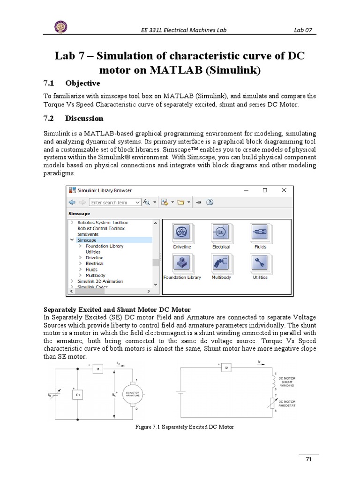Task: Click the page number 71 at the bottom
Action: (308, 459)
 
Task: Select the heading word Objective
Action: (82, 83)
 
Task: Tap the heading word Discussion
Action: (84, 118)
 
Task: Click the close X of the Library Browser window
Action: (283, 190)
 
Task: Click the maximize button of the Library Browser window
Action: (265, 190)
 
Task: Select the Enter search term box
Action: (114, 202)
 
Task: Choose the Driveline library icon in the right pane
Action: (181, 233)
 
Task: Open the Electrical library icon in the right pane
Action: (221, 233)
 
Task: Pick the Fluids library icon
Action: (260, 233)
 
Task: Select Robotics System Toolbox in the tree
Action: (102, 222)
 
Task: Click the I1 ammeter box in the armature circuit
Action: (98, 369)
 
